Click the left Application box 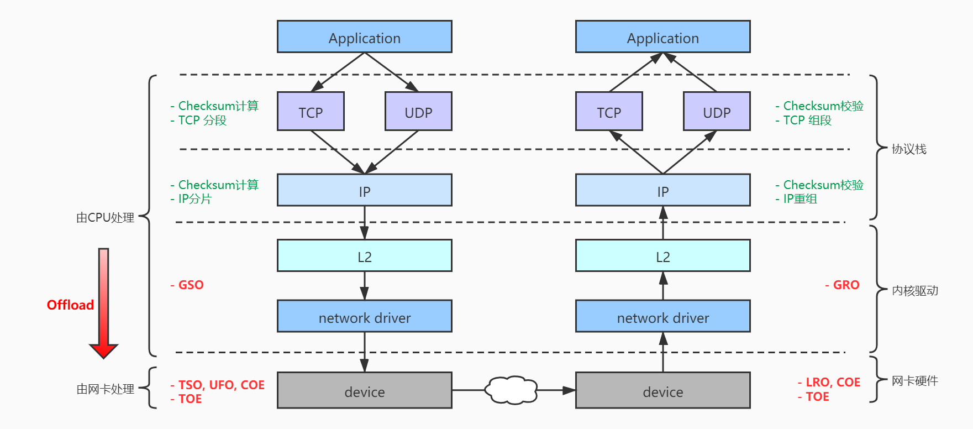tap(364, 37)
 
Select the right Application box tap(662, 37)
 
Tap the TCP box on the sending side tap(311, 112)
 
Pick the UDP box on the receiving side tap(717, 112)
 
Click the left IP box tap(364, 191)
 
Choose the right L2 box tap(662, 256)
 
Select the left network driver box tap(364, 317)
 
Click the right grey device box tap(662, 391)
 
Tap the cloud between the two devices tap(511, 390)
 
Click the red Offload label tap(70, 305)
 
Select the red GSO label tap(188, 285)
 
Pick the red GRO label tap(843, 285)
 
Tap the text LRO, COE tap(830, 383)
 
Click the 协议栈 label tap(909, 149)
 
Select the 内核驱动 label tap(915, 291)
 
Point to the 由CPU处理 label tap(105, 218)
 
